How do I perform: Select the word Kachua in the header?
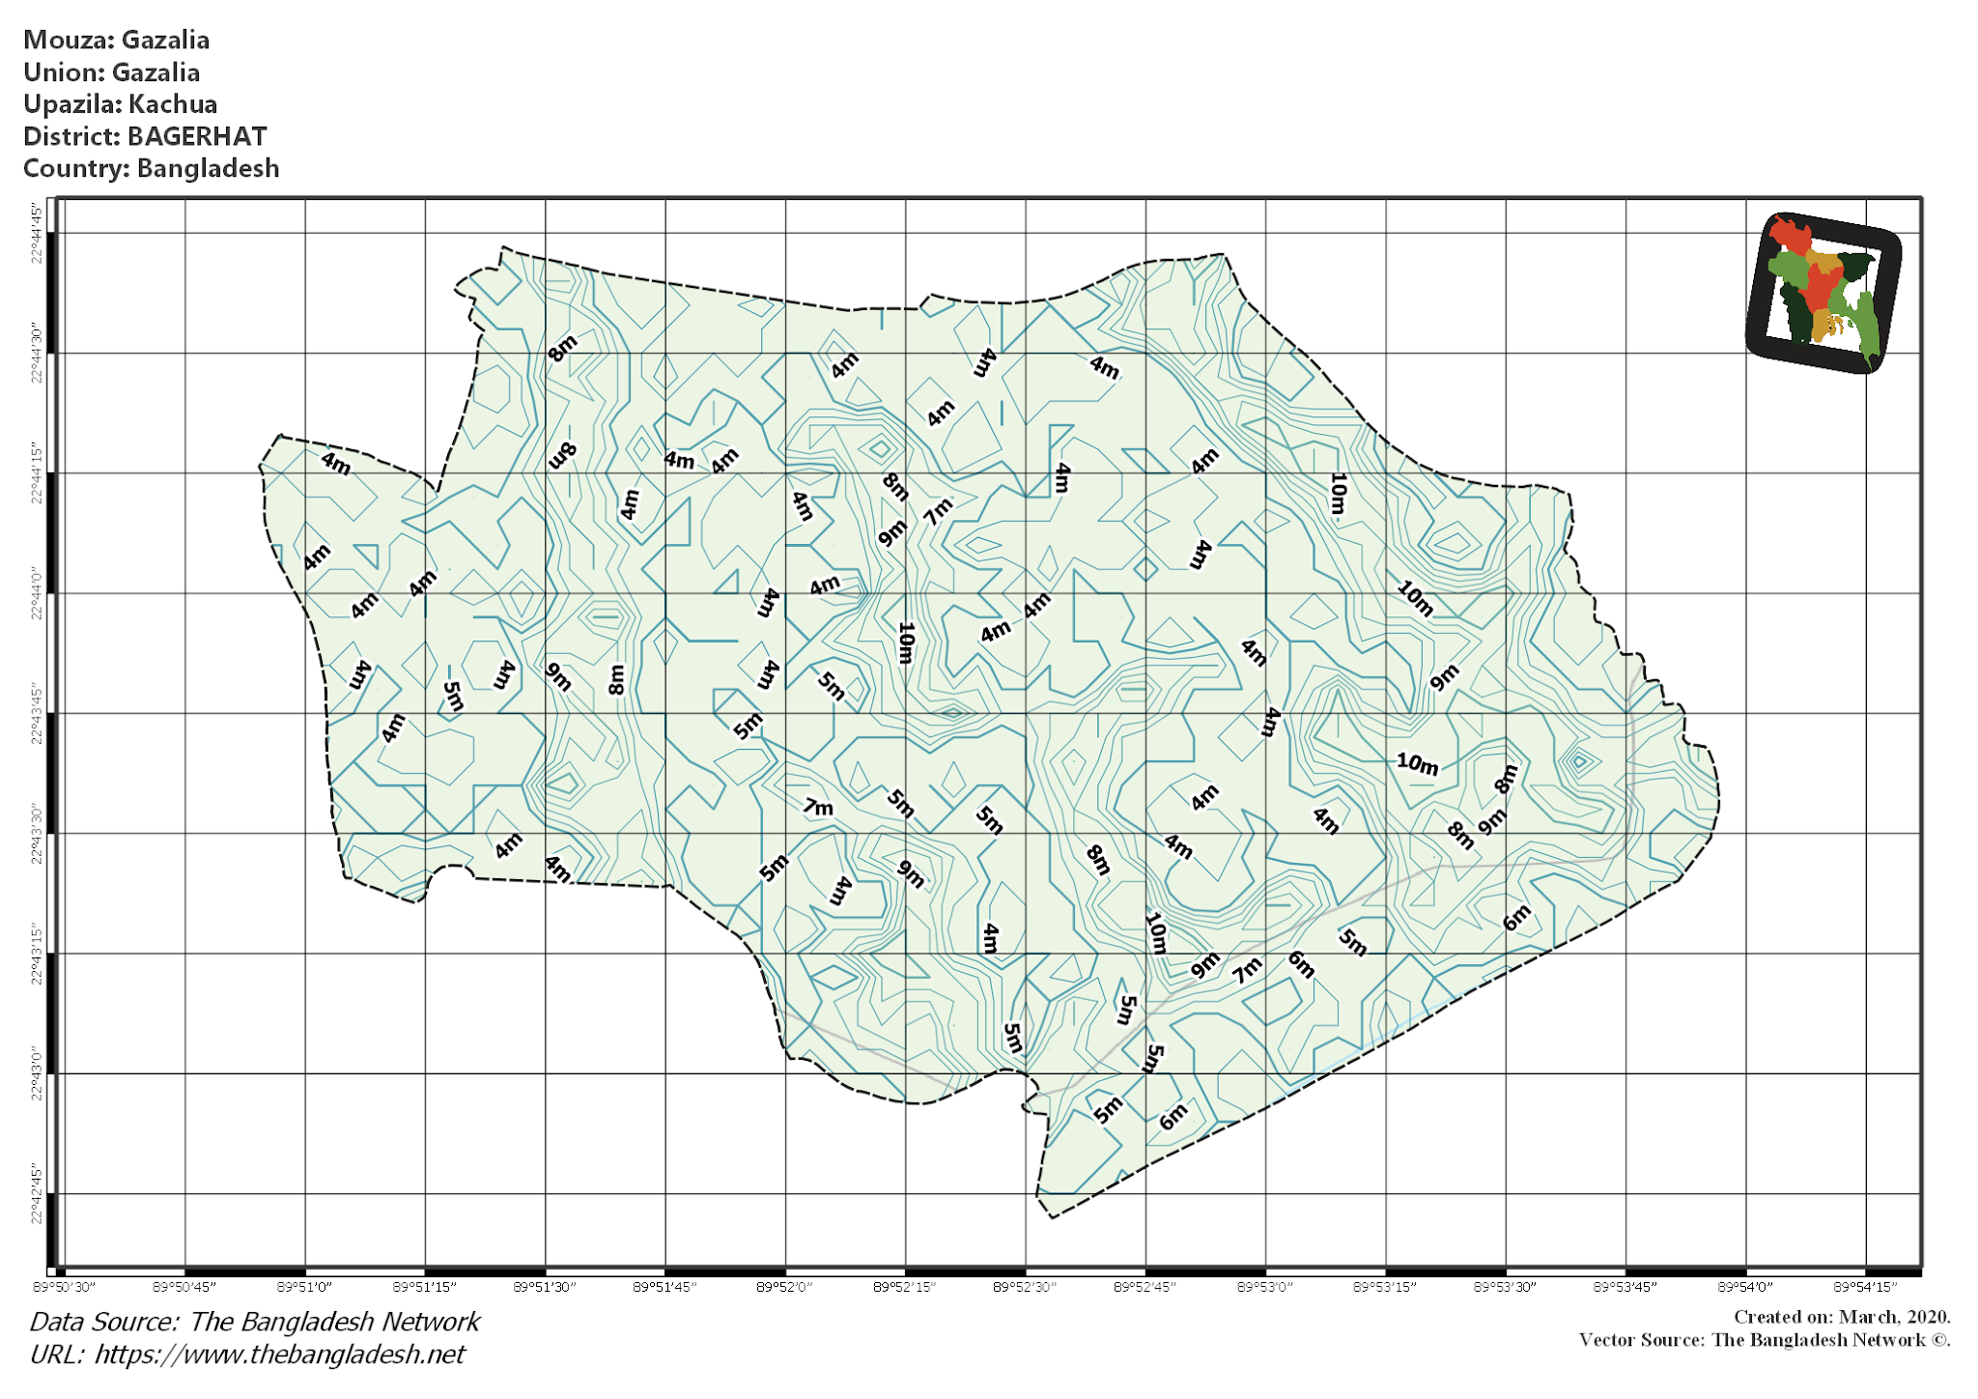173,104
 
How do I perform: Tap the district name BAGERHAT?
197,136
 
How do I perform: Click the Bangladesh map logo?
1823,292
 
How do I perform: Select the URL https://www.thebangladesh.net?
279,1355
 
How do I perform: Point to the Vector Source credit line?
1764,1340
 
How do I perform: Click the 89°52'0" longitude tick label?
785,1287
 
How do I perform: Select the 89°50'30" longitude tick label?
65,1287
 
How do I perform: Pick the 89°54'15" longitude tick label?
1865,1287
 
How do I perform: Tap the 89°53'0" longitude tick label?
1265,1287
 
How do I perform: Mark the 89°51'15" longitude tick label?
425,1287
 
